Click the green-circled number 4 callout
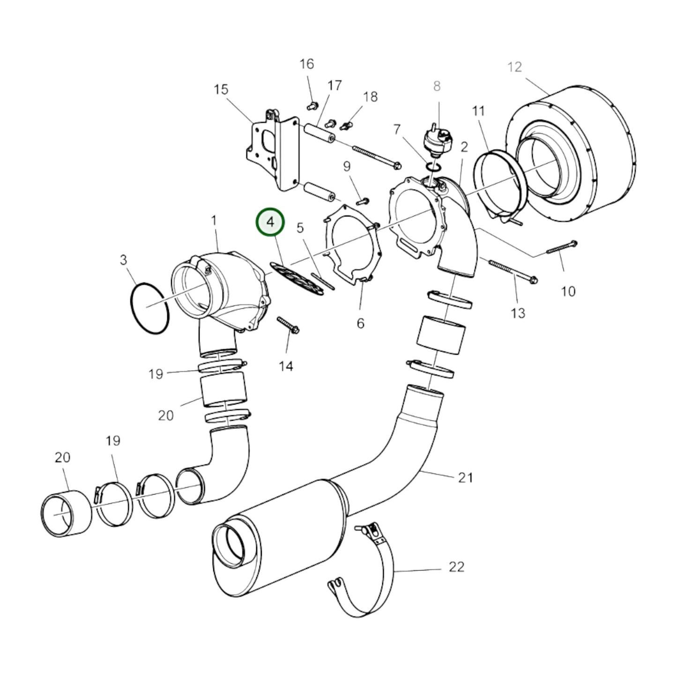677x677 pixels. click(270, 222)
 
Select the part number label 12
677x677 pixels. click(514, 67)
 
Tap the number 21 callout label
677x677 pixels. click(465, 477)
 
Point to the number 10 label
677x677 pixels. click(568, 291)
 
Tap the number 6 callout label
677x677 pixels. click(360, 323)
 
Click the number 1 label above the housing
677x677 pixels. click(214, 220)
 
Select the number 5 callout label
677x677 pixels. click(300, 228)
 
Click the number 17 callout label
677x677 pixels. click(335, 86)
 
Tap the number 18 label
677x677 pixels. click(370, 97)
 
